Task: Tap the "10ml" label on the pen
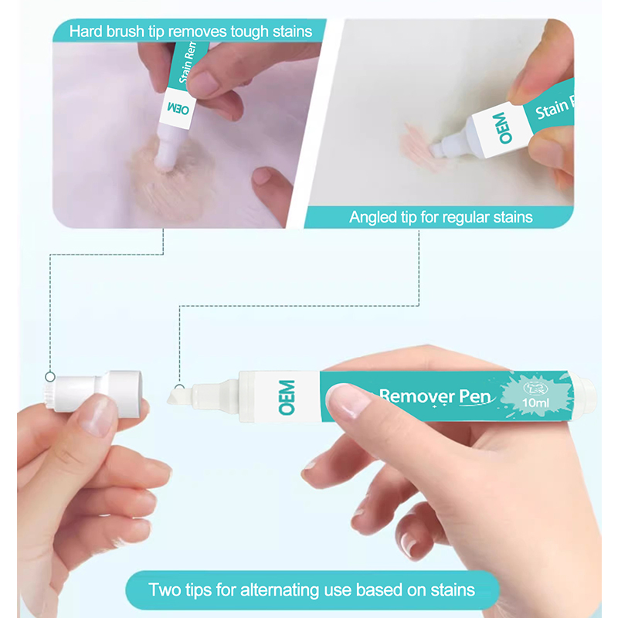pyautogui.click(x=535, y=402)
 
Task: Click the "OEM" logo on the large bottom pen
pyautogui.click(x=287, y=397)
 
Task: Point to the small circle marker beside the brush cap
pyautogui.click(x=50, y=377)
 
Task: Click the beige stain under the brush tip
pyautogui.click(x=172, y=178)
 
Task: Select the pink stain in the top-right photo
pyautogui.click(x=419, y=147)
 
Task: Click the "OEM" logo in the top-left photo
pyautogui.click(x=178, y=108)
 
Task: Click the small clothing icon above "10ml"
pyautogui.click(x=535, y=389)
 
